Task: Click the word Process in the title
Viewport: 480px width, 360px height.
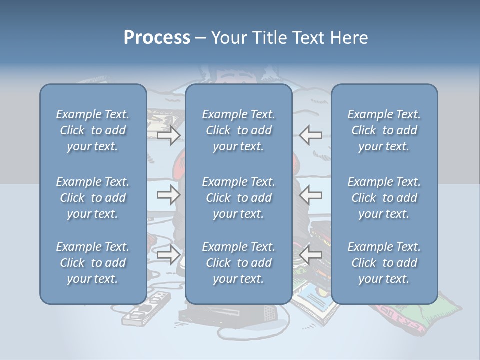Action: tap(157, 38)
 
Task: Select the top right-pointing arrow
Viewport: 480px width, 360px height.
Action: tap(168, 135)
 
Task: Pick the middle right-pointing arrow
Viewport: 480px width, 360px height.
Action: tap(168, 195)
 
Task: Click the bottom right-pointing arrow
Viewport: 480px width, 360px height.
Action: tap(168, 255)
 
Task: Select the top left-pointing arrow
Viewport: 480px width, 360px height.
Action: tap(310, 135)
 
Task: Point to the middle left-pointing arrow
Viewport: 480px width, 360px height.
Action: tap(310, 195)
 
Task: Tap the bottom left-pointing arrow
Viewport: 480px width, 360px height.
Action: tap(310, 255)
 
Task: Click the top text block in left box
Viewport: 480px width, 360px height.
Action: tap(93, 130)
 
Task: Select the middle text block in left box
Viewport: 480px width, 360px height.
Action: tap(93, 198)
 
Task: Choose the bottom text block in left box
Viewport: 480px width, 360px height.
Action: tap(93, 263)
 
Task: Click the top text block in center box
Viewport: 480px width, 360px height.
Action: tap(238, 130)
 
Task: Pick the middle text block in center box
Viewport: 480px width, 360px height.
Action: tap(238, 198)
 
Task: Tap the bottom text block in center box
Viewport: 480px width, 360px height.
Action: tap(238, 263)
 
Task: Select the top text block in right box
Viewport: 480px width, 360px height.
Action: tap(384, 130)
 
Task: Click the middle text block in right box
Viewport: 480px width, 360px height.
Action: tap(384, 198)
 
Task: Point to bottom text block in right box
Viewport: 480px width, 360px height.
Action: tap(384, 263)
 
